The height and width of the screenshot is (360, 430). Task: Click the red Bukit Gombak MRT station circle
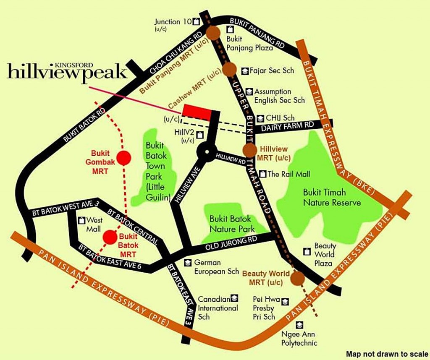pyautogui.click(x=123, y=158)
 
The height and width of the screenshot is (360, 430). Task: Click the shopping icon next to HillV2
pyautogui.click(x=199, y=135)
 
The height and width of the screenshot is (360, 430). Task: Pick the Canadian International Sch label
pyautogui.click(x=218, y=308)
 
